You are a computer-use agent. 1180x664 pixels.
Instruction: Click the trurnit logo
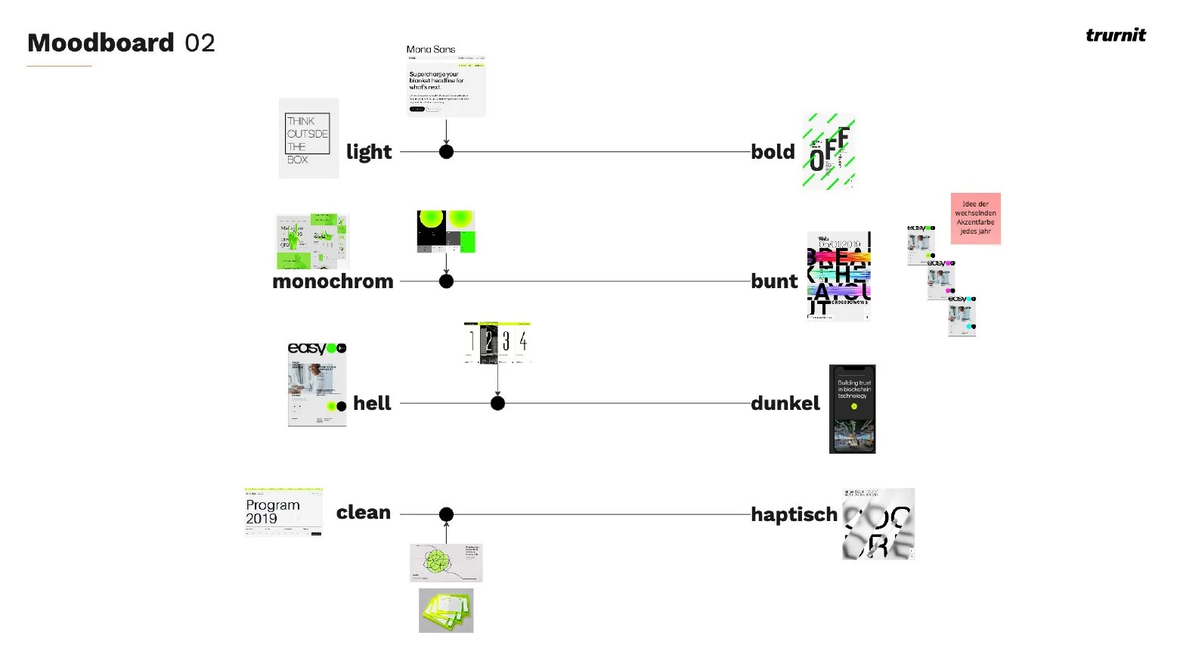coord(1115,35)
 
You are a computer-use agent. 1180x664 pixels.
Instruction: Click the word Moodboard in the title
coord(101,43)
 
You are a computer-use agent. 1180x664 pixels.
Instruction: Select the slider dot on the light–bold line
coord(446,152)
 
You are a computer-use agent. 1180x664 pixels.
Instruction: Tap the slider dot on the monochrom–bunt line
coord(446,281)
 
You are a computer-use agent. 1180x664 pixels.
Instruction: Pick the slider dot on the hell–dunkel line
coord(497,403)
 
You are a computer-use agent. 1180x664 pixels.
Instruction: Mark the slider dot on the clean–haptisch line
coord(446,514)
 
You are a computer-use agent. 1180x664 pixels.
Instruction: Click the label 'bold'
coord(773,152)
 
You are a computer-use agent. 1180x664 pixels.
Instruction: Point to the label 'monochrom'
coord(333,281)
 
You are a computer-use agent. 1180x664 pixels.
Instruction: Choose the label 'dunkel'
coord(785,403)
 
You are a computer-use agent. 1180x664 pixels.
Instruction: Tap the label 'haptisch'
coord(794,514)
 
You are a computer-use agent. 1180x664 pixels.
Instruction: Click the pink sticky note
coord(975,218)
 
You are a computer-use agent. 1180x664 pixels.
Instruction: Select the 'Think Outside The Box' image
coord(308,138)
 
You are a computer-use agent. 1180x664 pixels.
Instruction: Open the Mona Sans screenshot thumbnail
coord(446,81)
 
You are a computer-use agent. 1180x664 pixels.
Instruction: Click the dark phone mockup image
coord(852,409)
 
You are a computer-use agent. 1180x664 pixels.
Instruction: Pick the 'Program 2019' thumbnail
coord(283,512)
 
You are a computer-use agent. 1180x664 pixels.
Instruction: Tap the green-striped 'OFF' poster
coord(828,151)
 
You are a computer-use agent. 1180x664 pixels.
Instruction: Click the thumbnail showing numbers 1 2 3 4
coord(497,343)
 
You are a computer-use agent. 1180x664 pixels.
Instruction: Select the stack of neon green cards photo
coord(446,610)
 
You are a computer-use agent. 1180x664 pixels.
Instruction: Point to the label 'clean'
coord(364,513)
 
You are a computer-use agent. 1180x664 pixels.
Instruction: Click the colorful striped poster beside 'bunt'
coord(838,276)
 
